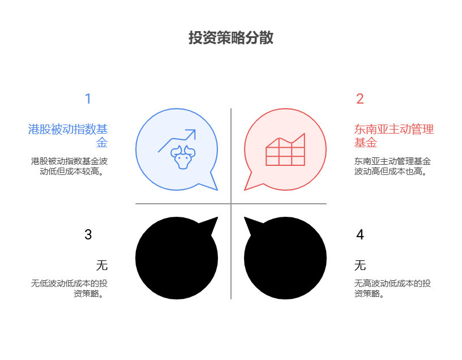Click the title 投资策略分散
click(231, 38)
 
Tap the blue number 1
click(88, 99)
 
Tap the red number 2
click(360, 99)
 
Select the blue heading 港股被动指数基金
click(68, 129)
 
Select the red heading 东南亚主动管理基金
click(393, 129)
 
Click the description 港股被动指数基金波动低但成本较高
click(69, 166)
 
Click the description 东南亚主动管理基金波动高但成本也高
click(392, 166)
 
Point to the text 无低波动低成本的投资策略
click(69, 289)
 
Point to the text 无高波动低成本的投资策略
click(392, 289)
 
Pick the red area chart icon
click(285, 150)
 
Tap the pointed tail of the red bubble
click(248, 186)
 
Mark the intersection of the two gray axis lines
click(231, 204)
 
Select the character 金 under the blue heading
click(102, 143)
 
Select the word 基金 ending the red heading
click(365, 143)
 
